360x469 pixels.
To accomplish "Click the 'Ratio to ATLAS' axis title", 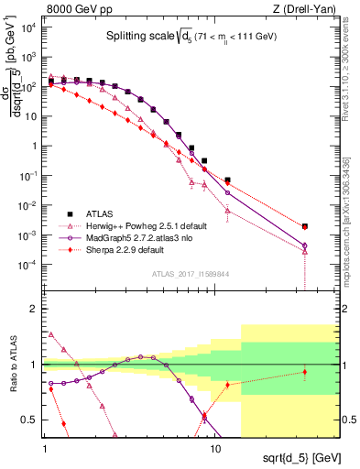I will [16, 364].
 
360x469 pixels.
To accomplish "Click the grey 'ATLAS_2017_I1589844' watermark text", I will [191, 273].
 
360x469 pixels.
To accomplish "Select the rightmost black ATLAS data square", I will [305, 226].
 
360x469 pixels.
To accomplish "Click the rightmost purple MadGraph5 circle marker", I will [305, 245].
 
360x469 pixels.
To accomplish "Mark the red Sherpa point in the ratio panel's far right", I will [305, 372].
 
